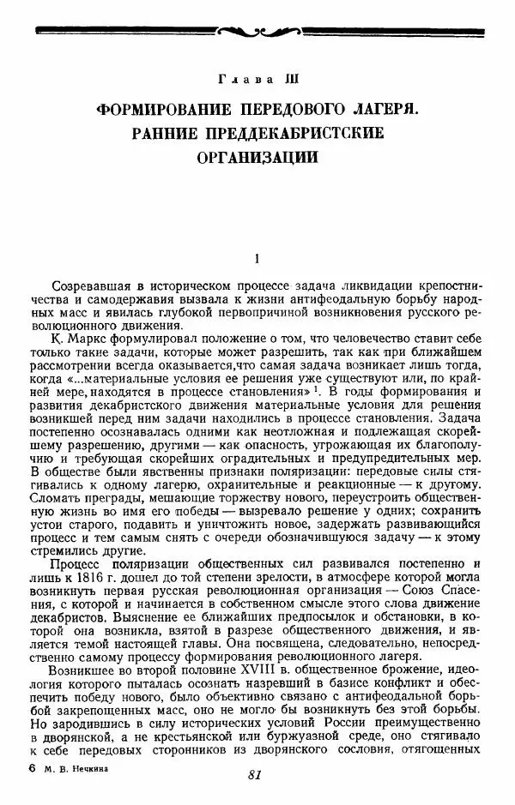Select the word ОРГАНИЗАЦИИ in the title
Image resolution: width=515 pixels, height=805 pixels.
[257, 158]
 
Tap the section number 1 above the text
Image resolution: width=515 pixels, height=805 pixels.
[257, 256]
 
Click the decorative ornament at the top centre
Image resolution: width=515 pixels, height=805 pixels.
[257, 32]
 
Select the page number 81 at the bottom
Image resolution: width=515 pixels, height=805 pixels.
[253, 775]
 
